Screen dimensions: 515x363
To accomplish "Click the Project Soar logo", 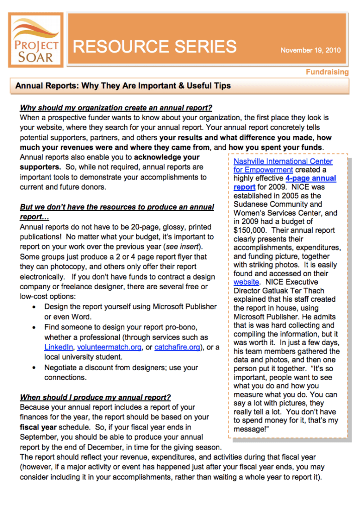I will tap(36, 40).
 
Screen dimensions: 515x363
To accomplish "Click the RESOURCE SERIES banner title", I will tap(155, 47).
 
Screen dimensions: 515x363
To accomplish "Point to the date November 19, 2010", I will tap(310, 50).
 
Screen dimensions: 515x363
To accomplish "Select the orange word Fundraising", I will tap(327, 72).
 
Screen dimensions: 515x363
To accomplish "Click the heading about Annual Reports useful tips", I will tap(123, 85).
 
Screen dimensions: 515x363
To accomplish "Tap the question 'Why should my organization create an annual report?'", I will tap(116, 108).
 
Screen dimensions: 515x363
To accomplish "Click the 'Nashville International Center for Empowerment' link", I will tap(283, 165).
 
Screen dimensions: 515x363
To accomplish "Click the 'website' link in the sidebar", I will tap(246, 282).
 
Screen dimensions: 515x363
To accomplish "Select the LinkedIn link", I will tap(59, 347).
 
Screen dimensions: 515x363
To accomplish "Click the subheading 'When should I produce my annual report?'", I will tap(95, 397).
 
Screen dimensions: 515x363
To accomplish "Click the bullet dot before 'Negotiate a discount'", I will tap(33, 368).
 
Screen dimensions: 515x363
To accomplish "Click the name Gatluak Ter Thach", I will tap(294, 291).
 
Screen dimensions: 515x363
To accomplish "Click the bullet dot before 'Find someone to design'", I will tap(33, 327).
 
